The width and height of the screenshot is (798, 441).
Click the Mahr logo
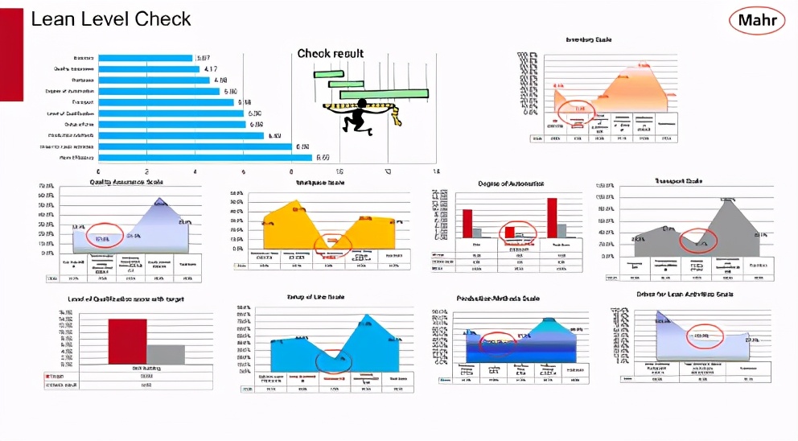click(x=756, y=19)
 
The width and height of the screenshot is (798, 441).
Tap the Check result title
click(x=331, y=53)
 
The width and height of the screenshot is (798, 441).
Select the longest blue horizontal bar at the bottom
click(x=204, y=158)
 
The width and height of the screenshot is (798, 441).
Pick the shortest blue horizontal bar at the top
click(x=145, y=58)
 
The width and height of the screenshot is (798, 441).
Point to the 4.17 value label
click(x=208, y=69)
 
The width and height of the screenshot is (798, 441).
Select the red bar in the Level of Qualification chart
click(x=127, y=342)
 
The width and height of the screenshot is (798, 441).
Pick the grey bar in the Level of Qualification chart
click(x=166, y=354)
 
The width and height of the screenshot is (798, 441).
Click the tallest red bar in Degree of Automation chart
click(x=552, y=223)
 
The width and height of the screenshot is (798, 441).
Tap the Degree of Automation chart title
click(x=511, y=184)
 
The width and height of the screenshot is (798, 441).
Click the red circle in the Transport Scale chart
click(x=697, y=241)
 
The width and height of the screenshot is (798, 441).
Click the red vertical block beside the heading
click(x=11, y=54)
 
